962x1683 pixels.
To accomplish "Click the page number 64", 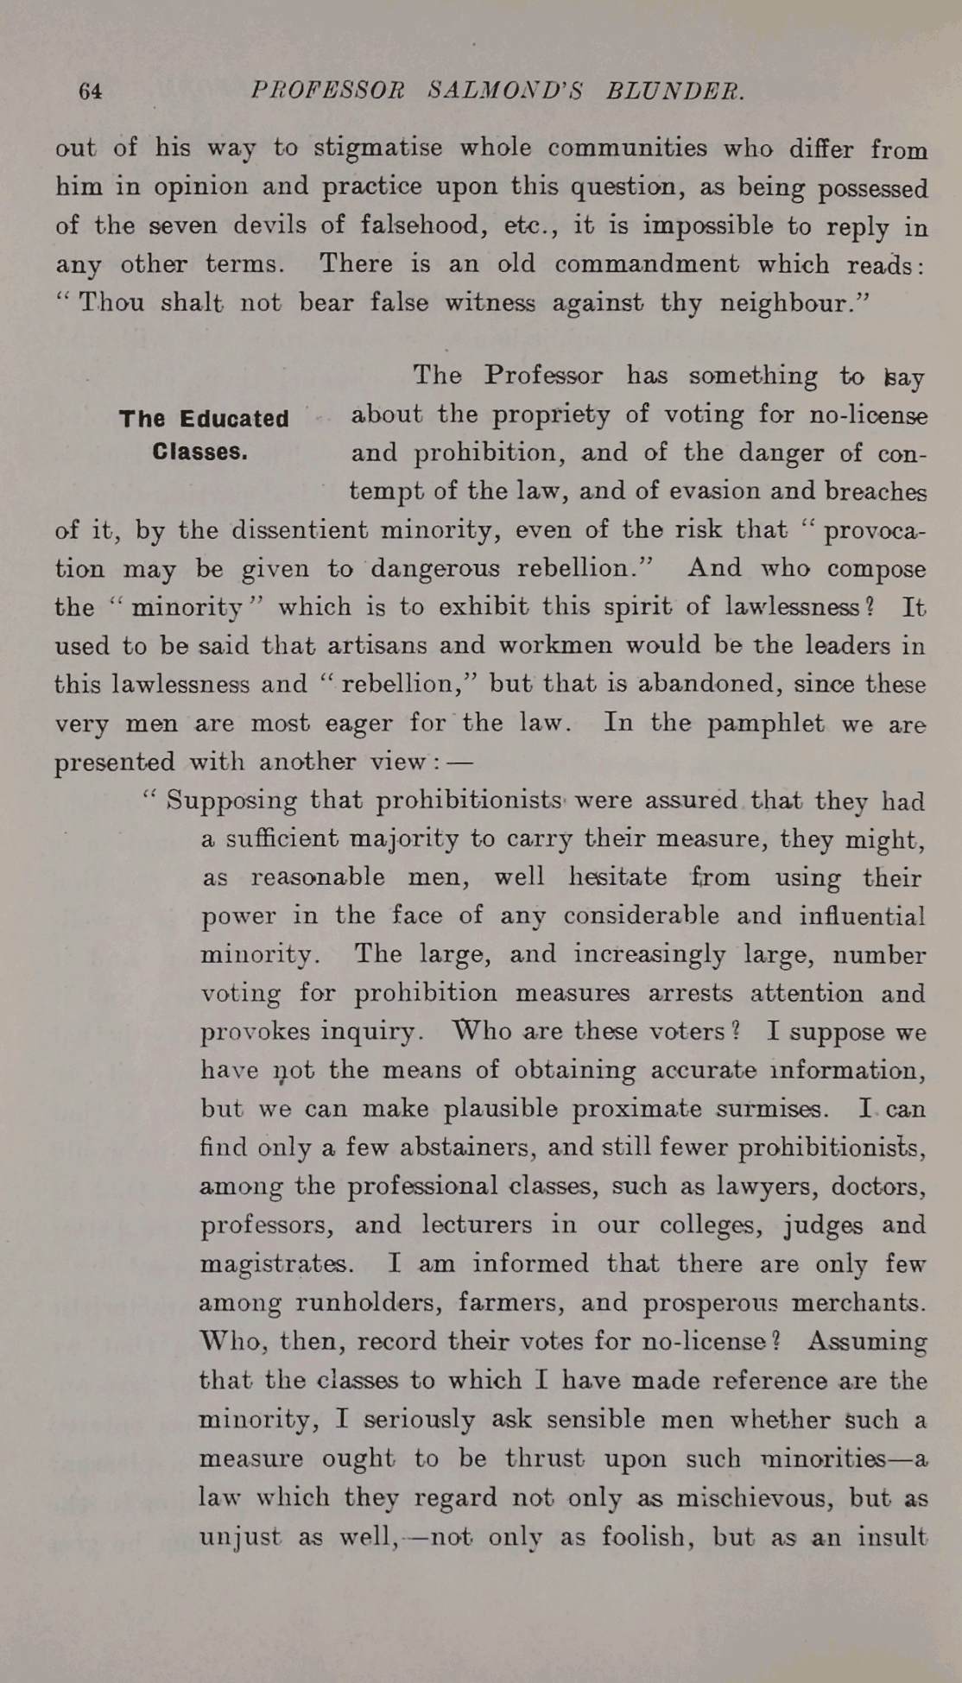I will (x=91, y=92).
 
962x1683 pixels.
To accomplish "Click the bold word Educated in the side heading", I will (x=235, y=419).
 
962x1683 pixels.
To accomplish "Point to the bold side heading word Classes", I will (x=199, y=452).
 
